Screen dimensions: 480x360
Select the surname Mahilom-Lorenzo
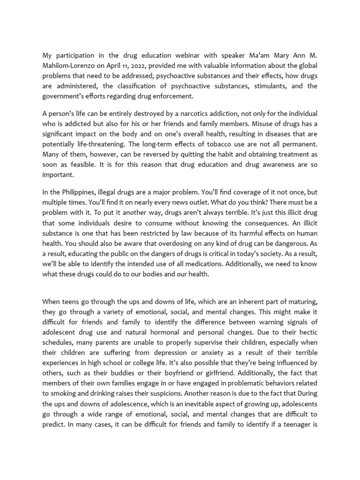[69, 66]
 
